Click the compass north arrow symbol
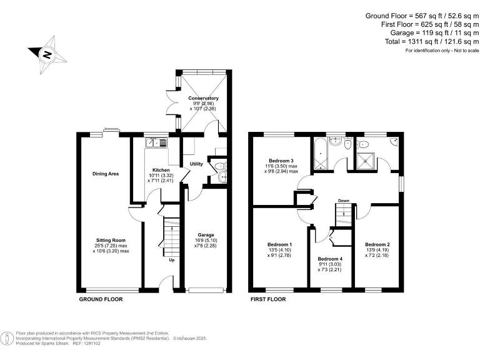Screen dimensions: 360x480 [x=46, y=54]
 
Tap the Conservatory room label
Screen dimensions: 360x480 [x=204, y=98]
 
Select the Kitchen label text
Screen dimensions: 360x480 [x=161, y=170]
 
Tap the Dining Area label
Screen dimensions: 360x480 [x=106, y=174]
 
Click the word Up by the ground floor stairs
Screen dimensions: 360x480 [x=172, y=260]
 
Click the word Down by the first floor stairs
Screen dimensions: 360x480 [x=343, y=201]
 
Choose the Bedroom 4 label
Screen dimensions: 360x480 [x=330, y=259]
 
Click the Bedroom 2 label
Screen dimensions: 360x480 [x=377, y=244]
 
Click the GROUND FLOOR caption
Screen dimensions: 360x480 [x=101, y=299]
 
